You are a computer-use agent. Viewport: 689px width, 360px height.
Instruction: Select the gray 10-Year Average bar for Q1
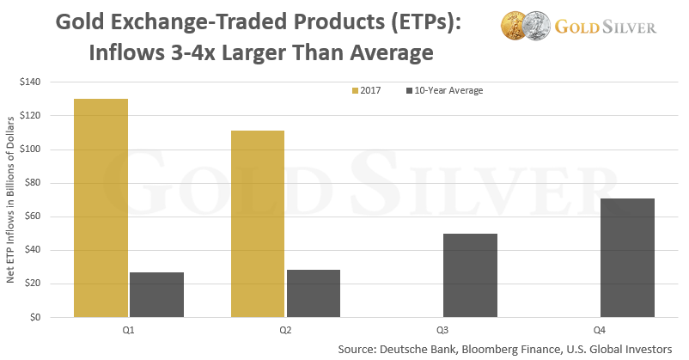tap(156, 295)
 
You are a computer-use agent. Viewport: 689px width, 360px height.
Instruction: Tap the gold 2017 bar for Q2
tap(258, 223)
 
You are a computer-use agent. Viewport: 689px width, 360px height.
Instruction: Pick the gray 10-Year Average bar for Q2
tap(314, 294)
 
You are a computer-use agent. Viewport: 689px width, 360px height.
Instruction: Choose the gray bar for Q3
tap(470, 276)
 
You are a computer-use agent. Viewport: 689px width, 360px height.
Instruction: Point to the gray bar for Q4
tap(627, 258)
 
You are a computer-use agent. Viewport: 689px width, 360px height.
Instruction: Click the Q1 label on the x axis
tap(129, 329)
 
